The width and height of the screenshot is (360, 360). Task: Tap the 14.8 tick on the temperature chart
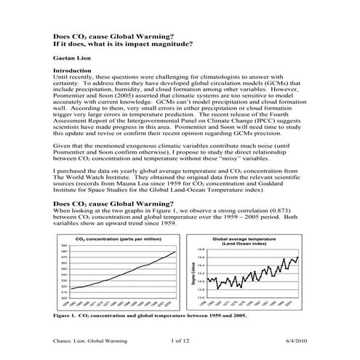201,249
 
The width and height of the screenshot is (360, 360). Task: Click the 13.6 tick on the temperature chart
201,297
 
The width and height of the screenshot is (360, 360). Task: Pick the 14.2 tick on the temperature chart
201,273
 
